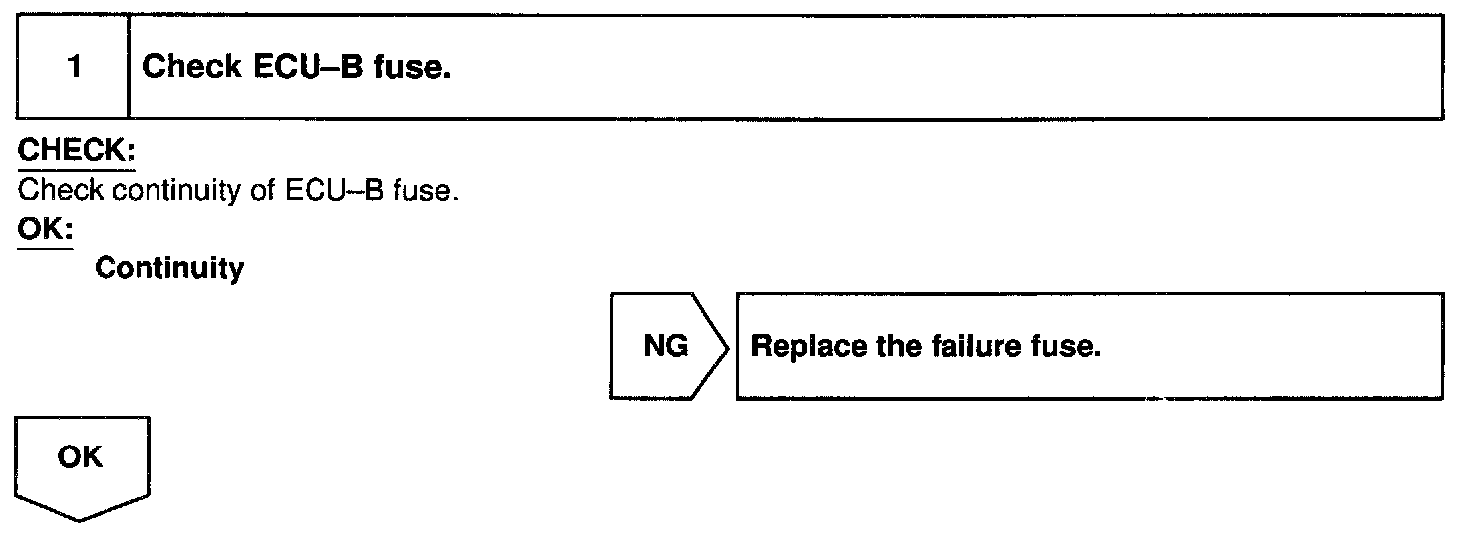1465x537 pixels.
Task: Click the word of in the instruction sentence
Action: click(261, 190)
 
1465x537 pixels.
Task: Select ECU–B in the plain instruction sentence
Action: click(325, 190)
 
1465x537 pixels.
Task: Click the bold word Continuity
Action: click(169, 268)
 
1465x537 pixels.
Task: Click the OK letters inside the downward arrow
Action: click(80, 458)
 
